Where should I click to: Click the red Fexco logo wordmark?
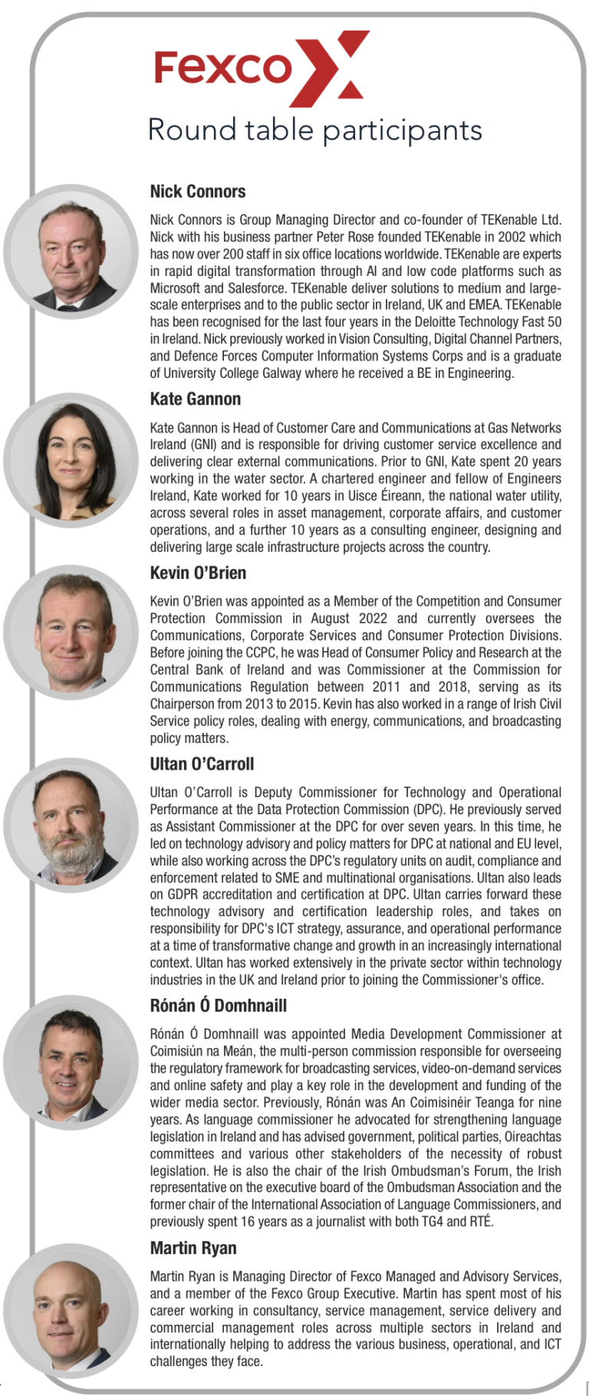point(222,67)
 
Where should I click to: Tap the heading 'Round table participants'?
point(314,130)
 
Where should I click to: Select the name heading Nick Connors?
point(198,192)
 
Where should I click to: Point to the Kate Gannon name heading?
point(196,399)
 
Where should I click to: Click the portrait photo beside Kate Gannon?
point(71,460)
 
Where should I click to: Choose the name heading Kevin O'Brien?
point(198,573)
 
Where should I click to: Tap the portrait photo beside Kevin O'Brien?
point(71,632)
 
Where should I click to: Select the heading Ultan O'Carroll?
point(202,764)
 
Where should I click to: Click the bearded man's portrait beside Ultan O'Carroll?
point(71,825)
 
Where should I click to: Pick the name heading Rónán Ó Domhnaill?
point(219,1005)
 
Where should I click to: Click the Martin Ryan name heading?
point(193,1248)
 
